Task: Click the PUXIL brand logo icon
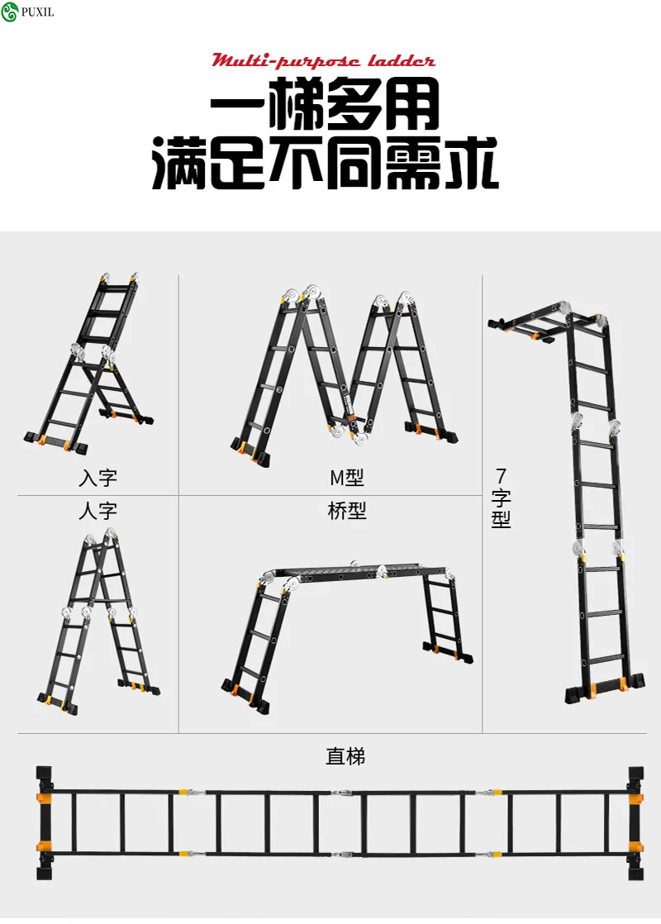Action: point(9,12)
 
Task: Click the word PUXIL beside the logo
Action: point(37,12)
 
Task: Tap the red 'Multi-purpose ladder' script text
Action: point(323,61)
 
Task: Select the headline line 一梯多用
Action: point(325,104)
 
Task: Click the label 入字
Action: point(97,478)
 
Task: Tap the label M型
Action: point(346,478)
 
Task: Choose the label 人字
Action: point(97,510)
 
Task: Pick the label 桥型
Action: point(346,510)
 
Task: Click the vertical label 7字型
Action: point(501,498)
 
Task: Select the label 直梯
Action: point(345,756)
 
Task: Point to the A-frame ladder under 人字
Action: point(98,622)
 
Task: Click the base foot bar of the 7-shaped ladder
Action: point(605,688)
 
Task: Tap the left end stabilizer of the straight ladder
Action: point(44,822)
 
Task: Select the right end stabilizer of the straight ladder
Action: point(635,822)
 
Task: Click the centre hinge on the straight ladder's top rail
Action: point(340,793)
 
